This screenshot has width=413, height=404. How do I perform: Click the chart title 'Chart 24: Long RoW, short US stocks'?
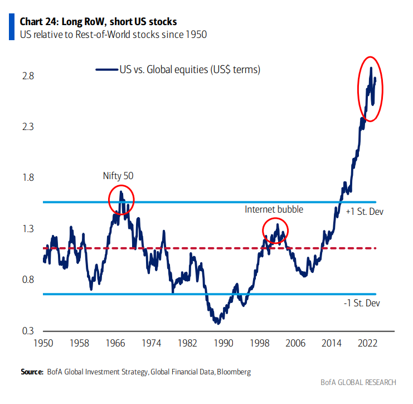(x=98, y=22)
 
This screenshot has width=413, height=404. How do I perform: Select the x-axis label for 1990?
(x=223, y=342)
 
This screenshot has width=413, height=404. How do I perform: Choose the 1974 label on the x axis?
(x=151, y=342)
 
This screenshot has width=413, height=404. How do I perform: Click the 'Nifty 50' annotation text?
(x=118, y=176)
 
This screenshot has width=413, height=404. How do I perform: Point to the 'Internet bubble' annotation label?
(x=274, y=209)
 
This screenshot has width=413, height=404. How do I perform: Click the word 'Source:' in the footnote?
(x=31, y=371)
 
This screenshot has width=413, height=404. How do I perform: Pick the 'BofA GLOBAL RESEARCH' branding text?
(x=358, y=382)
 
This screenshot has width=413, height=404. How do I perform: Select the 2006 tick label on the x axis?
(x=295, y=342)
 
